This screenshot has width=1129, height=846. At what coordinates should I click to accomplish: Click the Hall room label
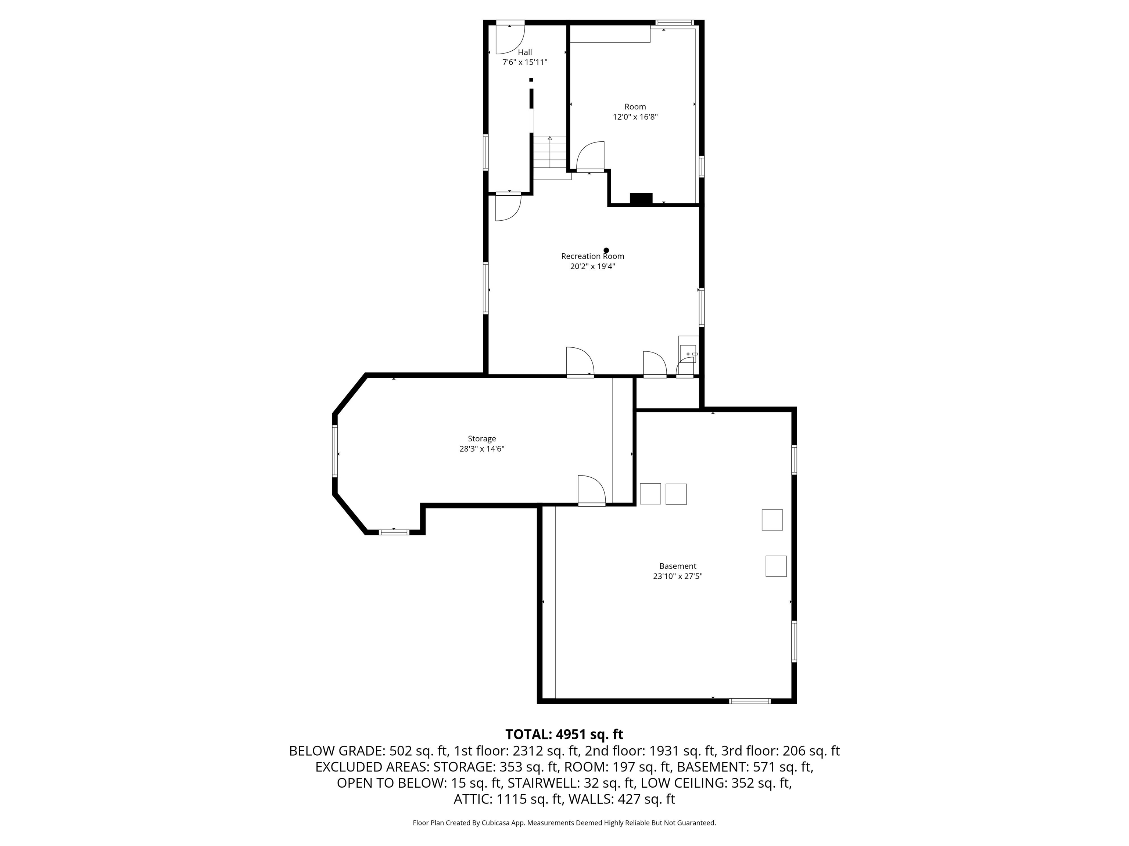coord(525,52)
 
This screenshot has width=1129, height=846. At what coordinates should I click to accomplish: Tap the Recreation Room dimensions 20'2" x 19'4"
coord(592,266)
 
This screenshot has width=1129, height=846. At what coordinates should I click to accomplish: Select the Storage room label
coord(482,438)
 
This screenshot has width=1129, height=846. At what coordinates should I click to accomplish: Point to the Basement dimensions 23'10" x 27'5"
coord(678,576)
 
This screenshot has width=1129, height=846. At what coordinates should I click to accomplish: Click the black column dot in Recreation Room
coord(606,250)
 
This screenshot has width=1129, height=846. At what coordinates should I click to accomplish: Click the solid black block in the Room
coord(641,199)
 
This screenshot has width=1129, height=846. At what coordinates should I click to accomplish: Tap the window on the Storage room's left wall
coord(335,451)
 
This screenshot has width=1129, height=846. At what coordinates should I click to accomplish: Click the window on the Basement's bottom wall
coord(750,701)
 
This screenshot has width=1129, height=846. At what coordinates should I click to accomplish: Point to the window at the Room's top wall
coord(675,22)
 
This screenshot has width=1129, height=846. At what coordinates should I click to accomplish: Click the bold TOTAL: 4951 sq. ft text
coord(564,734)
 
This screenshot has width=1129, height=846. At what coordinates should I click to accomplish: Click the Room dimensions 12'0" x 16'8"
coord(635,117)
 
